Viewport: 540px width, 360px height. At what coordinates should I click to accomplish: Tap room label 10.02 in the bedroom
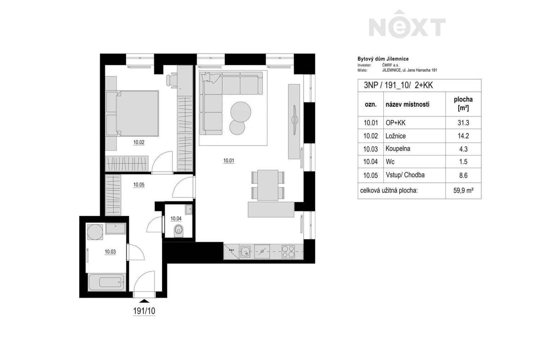pyautogui.click(x=139, y=143)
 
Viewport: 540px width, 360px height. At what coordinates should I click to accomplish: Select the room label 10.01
pyautogui.click(x=229, y=161)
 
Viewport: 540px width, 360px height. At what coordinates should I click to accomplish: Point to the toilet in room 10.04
pyautogui.click(x=178, y=230)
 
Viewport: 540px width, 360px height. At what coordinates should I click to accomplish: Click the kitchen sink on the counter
pyautogui.click(x=246, y=251)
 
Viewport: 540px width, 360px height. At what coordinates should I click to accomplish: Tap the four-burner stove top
pyautogui.click(x=288, y=251)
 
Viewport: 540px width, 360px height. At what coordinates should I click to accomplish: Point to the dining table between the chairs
pyautogui.click(x=268, y=185)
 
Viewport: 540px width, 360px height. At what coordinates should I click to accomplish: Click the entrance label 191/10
pyautogui.click(x=144, y=311)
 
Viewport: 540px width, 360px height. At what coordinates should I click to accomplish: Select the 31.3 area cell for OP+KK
pyautogui.click(x=463, y=123)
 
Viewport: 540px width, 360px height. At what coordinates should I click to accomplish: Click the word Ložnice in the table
pyautogui.click(x=396, y=136)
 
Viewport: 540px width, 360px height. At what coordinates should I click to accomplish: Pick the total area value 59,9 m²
pyautogui.click(x=463, y=191)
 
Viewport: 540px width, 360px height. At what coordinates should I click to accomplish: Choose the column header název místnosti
pyautogui.click(x=408, y=104)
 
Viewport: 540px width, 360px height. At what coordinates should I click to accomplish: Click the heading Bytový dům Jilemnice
pyautogui.click(x=383, y=59)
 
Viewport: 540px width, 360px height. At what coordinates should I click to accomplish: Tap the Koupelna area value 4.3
pyautogui.click(x=463, y=149)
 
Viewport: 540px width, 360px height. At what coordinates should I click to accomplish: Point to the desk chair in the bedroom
pyautogui.click(x=172, y=80)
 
